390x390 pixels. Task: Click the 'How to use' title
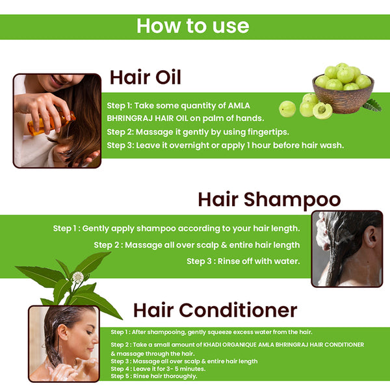click(193, 26)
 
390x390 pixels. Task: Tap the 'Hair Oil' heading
click(146, 77)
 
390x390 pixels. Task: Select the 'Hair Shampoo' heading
click(269, 200)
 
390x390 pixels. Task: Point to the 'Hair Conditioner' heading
click(215, 310)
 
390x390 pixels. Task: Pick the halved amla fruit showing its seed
click(322, 110)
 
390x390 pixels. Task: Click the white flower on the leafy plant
click(78, 277)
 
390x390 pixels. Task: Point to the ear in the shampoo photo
click(370, 237)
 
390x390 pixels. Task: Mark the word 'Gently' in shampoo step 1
click(96, 229)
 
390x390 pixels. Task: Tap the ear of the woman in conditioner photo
click(62, 332)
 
